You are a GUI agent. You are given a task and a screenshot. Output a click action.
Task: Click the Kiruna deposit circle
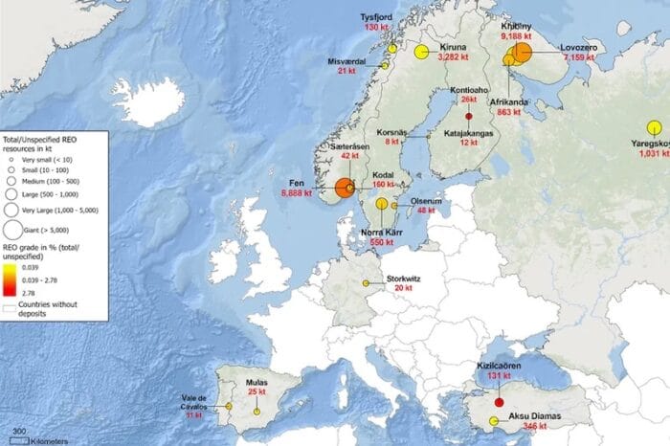[x=420, y=53]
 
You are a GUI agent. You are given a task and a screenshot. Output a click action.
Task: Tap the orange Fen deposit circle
[x=346, y=187]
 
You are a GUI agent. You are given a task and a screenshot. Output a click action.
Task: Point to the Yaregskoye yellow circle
[x=655, y=127]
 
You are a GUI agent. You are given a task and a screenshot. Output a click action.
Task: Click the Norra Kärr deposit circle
[x=382, y=203]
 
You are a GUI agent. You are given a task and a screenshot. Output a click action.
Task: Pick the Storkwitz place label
[x=403, y=279]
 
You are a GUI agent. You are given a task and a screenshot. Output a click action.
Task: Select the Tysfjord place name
[x=375, y=17]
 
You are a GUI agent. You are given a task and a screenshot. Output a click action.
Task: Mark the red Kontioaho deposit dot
[x=469, y=115]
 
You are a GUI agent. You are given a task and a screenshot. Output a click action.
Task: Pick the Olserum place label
[x=426, y=201]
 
